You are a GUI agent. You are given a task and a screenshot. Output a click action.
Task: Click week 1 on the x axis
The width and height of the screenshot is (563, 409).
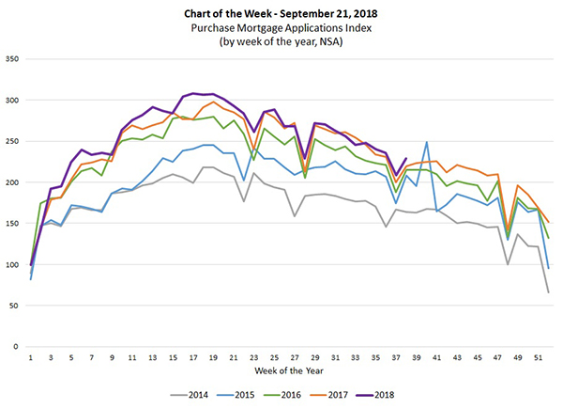tap(31, 358)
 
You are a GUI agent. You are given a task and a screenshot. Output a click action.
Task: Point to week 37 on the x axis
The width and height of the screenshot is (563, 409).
tap(396, 358)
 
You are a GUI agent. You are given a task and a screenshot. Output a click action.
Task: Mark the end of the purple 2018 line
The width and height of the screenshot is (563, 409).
tap(405, 159)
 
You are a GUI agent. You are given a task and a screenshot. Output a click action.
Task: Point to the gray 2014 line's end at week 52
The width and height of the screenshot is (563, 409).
tap(549, 292)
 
